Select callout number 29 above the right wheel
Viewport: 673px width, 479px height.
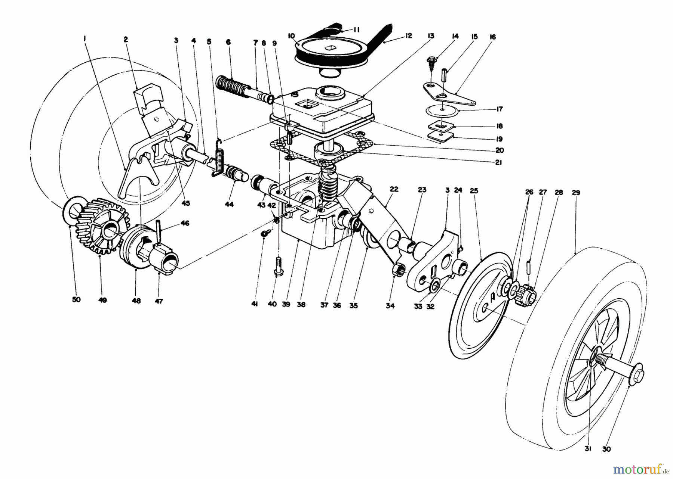(x=576, y=193)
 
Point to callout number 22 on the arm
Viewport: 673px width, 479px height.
(x=394, y=189)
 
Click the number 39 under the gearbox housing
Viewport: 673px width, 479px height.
(x=286, y=304)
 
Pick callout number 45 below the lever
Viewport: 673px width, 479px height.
(x=186, y=203)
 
